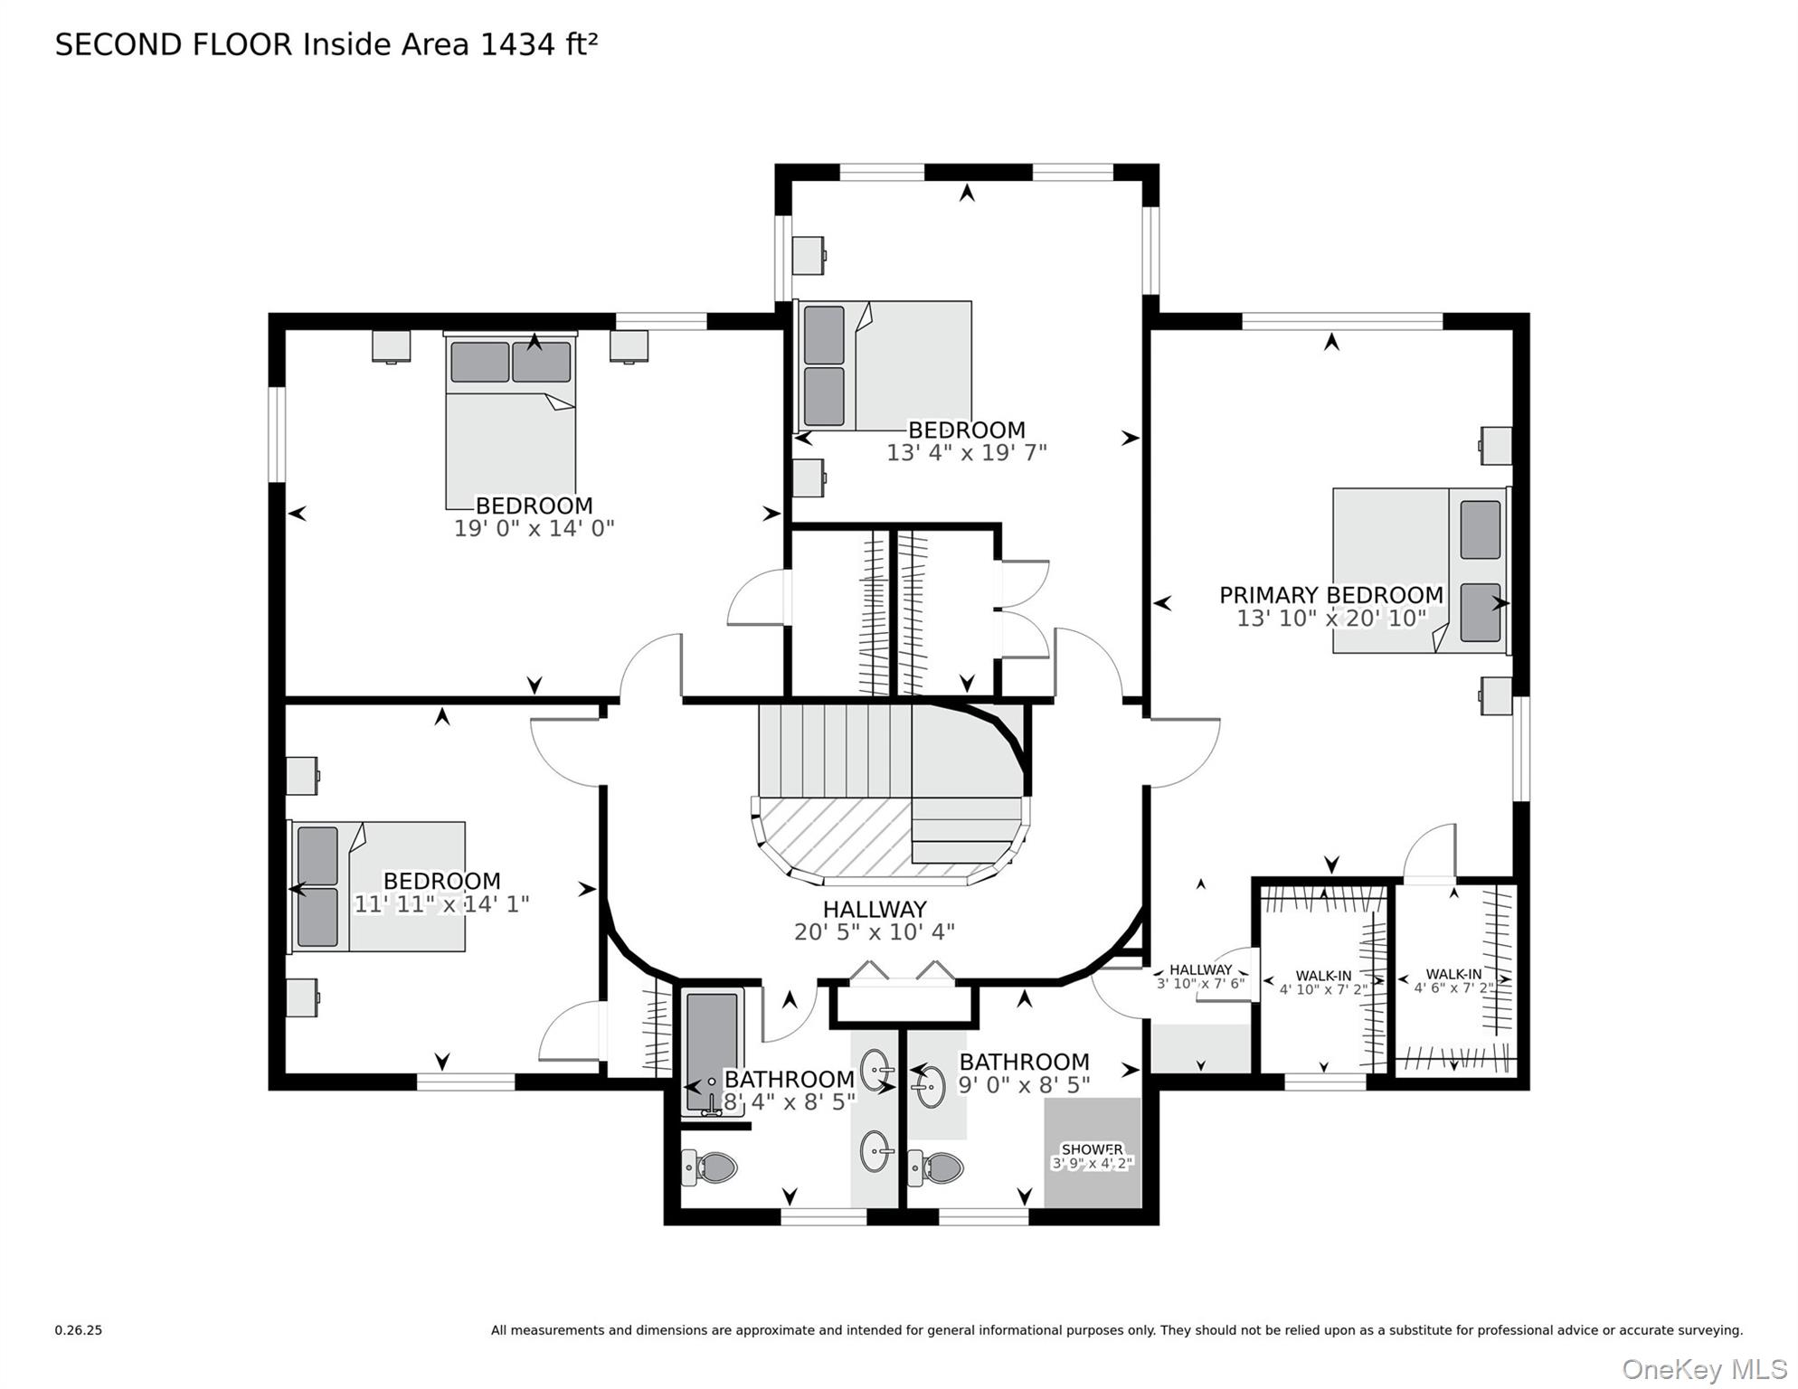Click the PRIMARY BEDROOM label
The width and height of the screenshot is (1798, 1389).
click(x=1330, y=595)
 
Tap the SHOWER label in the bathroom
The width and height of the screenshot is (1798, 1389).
click(x=1092, y=1149)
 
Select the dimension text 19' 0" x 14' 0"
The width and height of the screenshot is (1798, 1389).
click(x=534, y=528)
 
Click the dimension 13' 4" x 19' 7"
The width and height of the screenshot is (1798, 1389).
click(x=966, y=452)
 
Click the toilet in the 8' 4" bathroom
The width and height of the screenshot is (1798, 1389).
click(x=711, y=1167)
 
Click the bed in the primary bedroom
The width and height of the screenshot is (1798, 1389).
click(x=1420, y=571)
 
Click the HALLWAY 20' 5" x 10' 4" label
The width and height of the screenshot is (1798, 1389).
click(x=875, y=920)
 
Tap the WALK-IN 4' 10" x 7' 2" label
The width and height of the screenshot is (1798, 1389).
click(x=1323, y=982)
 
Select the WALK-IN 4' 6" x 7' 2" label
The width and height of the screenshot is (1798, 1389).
click(x=1453, y=980)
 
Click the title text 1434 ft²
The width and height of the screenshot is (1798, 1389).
click(x=538, y=44)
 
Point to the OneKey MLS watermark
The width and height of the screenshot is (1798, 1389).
click(x=1704, y=1370)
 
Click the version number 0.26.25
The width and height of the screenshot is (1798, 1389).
click(x=79, y=1330)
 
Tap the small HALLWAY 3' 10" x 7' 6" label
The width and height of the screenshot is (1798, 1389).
click(x=1200, y=977)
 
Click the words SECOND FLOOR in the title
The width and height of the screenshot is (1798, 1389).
click(x=174, y=44)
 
